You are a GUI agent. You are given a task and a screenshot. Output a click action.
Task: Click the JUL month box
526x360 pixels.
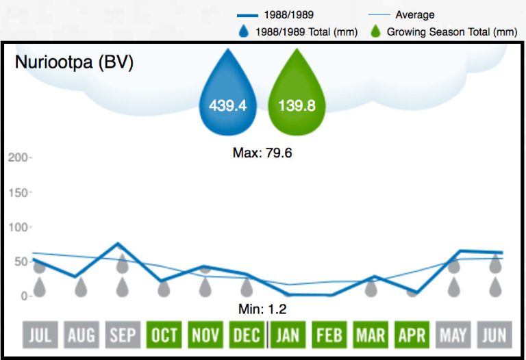(x=40, y=336)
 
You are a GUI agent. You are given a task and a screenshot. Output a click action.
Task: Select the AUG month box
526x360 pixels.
(x=82, y=336)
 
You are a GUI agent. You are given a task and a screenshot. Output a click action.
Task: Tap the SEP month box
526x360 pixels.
(x=123, y=336)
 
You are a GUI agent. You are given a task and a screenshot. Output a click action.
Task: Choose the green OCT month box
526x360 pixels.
(x=164, y=336)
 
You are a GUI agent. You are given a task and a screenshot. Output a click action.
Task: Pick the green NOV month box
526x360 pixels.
(x=205, y=336)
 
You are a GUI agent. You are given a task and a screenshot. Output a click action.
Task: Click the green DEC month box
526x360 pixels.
(x=247, y=336)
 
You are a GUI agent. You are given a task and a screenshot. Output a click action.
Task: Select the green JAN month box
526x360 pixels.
(x=288, y=336)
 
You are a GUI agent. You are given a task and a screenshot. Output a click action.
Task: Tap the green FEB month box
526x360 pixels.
(x=329, y=336)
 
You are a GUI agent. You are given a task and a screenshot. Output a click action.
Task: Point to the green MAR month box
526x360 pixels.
(x=371, y=336)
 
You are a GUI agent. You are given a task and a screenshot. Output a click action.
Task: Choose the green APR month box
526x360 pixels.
(x=412, y=336)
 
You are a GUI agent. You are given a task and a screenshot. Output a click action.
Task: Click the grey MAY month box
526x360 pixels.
(x=453, y=336)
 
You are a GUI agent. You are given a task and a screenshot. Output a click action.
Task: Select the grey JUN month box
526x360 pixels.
(x=494, y=336)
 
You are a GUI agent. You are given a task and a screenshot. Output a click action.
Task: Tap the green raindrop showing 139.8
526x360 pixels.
(x=297, y=96)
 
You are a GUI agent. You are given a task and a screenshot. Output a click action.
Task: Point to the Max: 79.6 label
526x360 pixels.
(x=262, y=153)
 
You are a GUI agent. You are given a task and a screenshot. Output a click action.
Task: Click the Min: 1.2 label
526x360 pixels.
(x=262, y=309)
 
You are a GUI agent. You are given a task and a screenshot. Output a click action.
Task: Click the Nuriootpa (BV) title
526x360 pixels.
(x=74, y=62)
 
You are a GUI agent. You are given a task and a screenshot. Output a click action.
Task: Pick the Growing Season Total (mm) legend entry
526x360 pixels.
(x=444, y=31)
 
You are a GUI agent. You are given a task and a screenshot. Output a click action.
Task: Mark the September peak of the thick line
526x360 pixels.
(x=119, y=244)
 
